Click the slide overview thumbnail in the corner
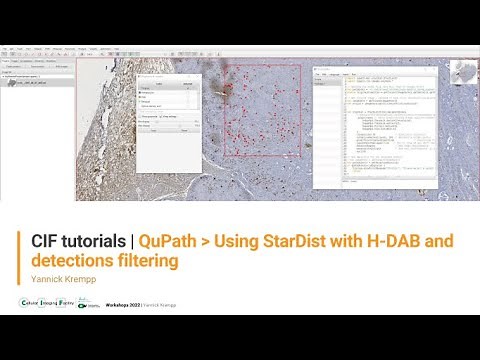click(x=461, y=72)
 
